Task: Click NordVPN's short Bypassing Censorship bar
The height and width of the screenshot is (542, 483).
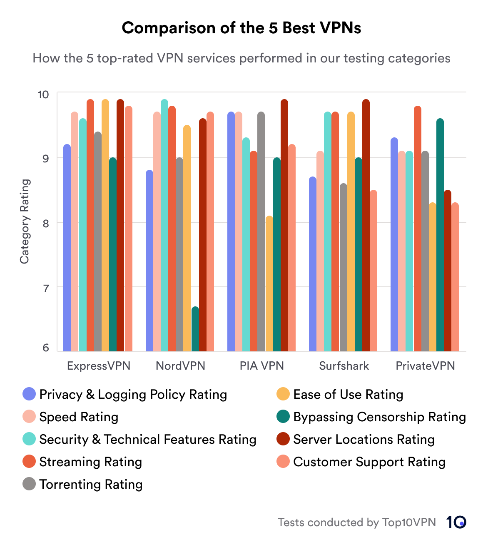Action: click(x=195, y=329)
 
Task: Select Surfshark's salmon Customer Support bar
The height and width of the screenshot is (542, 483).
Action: click(x=373, y=271)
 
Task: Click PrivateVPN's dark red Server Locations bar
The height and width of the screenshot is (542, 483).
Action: click(x=448, y=271)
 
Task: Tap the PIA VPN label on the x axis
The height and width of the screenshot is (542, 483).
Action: click(x=261, y=366)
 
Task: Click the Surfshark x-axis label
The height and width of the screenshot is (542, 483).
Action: click(x=344, y=366)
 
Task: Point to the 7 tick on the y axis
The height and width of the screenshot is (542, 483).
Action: click(x=45, y=288)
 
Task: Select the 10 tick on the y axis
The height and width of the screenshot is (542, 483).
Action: click(x=43, y=94)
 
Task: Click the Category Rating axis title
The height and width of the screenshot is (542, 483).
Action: click(x=25, y=221)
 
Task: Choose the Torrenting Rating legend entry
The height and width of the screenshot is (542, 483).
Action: click(x=91, y=484)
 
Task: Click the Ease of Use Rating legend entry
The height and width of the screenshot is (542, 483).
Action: click(x=348, y=394)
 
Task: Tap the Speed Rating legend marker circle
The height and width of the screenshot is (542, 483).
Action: click(x=29, y=417)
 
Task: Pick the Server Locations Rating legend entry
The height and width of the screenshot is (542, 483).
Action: click(x=363, y=439)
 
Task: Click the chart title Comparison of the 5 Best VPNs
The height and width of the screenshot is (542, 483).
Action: click(x=242, y=28)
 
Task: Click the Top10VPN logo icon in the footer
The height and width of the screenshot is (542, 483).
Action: click(x=456, y=522)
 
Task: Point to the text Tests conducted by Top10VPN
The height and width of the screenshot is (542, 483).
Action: click(x=357, y=522)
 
